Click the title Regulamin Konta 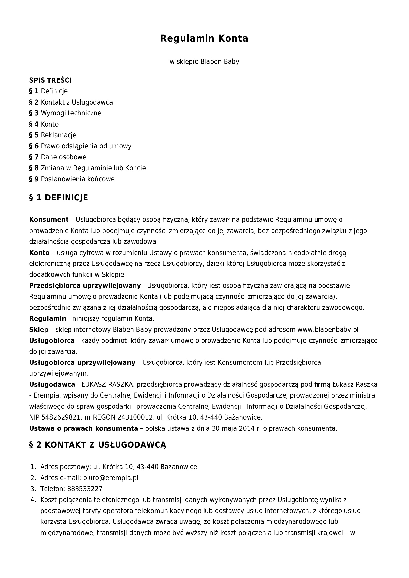(x=204, y=38)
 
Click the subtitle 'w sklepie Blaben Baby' (x=204, y=62)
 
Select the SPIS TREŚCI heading (x=50, y=80)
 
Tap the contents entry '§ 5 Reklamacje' (x=53, y=135)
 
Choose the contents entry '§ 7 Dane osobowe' (x=58, y=157)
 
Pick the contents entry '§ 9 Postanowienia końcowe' (x=72, y=179)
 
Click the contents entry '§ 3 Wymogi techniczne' (x=65, y=113)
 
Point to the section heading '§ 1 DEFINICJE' (x=58, y=198)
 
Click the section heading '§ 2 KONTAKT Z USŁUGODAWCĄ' (x=98, y=445)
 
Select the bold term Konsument (x=49, y=220)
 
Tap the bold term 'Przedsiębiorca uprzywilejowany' (x=85, y=286)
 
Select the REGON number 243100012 (x=135, y=417)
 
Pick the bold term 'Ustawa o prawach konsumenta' (x=84, y=428)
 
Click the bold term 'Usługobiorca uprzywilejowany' (x=82, y=363)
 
